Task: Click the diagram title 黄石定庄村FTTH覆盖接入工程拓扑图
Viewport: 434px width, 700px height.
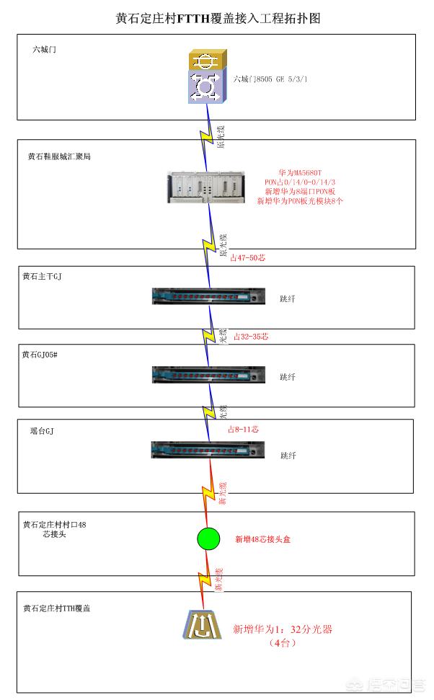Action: (x=217, y=19)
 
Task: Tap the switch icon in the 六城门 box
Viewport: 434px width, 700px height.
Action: (x=207, y=76)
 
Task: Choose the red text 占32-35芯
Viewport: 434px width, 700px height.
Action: (x=251, y=336)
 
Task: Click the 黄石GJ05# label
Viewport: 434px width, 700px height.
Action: (x=43, y=354)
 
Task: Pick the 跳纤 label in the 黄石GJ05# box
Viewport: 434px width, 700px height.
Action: (x=288, y=376)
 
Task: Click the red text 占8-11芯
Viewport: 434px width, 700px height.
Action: (x=243, y=429)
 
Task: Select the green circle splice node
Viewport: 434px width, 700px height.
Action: (x=208, y=539)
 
